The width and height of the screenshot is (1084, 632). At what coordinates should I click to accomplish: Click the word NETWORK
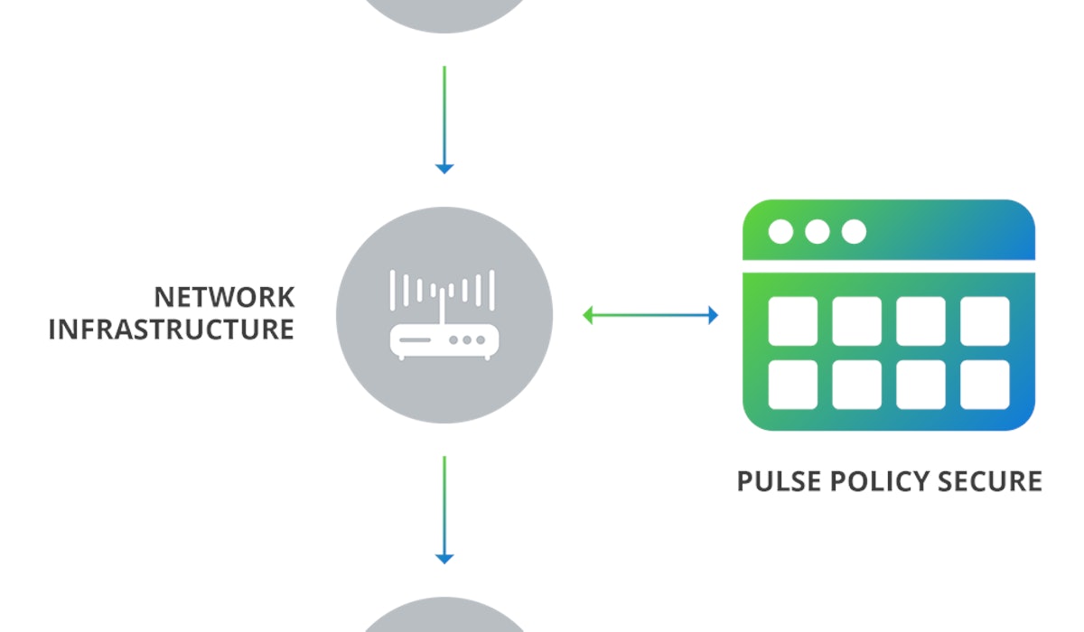pyautogui.click(x=224, y=297)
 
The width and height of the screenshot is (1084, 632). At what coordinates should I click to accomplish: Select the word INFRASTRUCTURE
pyautogui.click(x=171, y=330)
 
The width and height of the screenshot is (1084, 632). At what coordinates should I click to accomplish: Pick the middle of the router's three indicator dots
pyautogui.click(x=466, y=340)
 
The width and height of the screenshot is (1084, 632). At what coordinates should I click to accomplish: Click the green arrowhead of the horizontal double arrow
pyautogui.click(x=589, y=315)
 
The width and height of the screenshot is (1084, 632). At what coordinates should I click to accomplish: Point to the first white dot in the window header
pyautogui.click(x=780, y=232)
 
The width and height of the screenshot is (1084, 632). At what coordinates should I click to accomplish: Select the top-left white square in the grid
pyautogui.click(x=792, y=321)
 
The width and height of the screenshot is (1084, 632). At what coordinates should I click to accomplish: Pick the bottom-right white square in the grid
pyautogui.click(x=985, y=385)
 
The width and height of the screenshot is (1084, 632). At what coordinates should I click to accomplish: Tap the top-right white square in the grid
pyautogui.click(x=985, y=321)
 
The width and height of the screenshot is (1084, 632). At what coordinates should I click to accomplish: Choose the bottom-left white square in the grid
pyautogui.click(x=792, y=385)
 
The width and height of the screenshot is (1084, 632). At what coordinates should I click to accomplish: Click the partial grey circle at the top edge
pyautogui.click(x=444, y=13)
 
